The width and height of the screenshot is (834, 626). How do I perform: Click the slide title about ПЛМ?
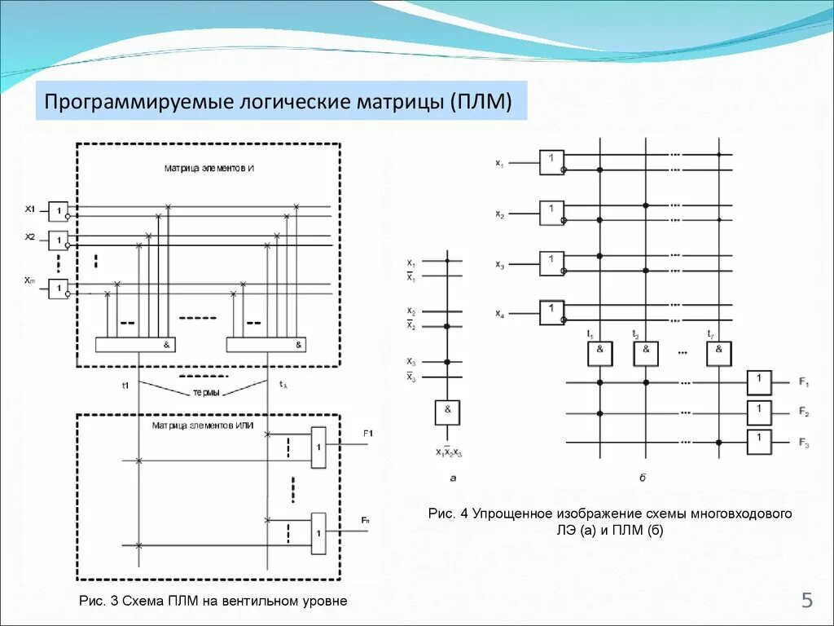[x=278, y=103]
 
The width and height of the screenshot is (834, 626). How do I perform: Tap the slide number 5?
[x=807, y=602]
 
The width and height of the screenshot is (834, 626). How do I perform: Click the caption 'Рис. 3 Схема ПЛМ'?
[x=213, y=601]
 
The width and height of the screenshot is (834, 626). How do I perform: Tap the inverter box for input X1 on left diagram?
[x=58, y=212]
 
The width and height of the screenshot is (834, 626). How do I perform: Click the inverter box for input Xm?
[x=58, y=289]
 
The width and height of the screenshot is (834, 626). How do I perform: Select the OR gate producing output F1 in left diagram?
[x=318, y=447]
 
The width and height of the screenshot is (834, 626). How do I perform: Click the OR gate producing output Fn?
[x=318, y=533]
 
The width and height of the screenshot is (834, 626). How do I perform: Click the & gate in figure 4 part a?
[x=447, y=412]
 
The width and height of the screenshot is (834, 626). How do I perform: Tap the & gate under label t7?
[x=718, y=353]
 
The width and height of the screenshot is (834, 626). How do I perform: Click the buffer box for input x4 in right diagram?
[x=551, y=313]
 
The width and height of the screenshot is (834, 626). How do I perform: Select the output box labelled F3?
[x=759, y=442]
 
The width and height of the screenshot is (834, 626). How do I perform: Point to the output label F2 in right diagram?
[x=803, y=412]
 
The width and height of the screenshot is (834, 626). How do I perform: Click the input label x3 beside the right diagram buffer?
[x=499, y=265]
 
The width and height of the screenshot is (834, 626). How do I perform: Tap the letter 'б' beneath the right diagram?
[x=643, y=476]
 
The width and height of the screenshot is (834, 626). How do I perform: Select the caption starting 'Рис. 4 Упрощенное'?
[x=610, y=522]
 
